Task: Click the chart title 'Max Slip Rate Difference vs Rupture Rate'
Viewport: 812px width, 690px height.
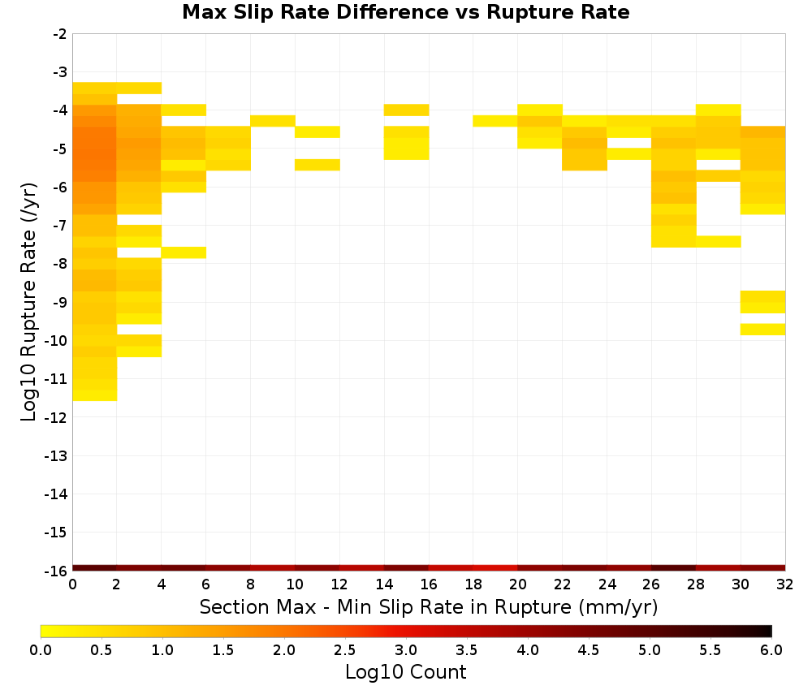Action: point(405,12)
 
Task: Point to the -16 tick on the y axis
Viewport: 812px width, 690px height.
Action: point(55,571)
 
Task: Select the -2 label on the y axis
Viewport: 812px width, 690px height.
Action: point(59,34)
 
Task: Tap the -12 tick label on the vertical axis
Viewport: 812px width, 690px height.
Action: point(55,417)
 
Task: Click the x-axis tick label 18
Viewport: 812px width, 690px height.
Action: point(473,585)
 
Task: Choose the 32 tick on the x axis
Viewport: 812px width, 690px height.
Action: point(785,585)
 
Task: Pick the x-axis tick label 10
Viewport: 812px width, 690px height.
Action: point(295,585)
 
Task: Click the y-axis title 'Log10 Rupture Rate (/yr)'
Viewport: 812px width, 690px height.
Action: point(28,302)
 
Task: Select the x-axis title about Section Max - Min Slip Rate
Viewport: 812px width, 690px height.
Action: point(429,607)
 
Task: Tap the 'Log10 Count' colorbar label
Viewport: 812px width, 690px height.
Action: point(405,672)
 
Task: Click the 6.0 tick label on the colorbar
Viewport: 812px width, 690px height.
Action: point(771,650)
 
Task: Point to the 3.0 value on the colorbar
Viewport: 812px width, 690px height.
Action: point(406,650)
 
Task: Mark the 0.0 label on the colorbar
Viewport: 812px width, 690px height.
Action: point(41,650)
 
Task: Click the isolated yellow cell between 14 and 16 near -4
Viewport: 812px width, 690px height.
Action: point(406,110)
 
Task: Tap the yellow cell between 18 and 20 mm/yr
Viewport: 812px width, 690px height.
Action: point(495,121)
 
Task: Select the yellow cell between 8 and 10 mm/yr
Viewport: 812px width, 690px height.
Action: point(272,121)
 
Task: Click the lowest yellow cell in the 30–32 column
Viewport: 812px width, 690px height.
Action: point(762,330)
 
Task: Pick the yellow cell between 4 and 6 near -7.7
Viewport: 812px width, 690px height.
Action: point(184,252)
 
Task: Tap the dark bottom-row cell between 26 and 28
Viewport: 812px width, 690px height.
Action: point(673,568)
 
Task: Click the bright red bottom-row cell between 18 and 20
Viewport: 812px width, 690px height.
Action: point(495,568)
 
